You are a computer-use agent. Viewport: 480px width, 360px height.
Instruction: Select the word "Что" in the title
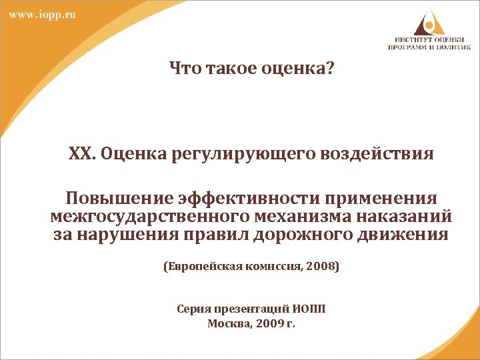(185, 67)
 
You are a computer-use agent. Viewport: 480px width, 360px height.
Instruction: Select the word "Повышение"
(118, 199)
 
